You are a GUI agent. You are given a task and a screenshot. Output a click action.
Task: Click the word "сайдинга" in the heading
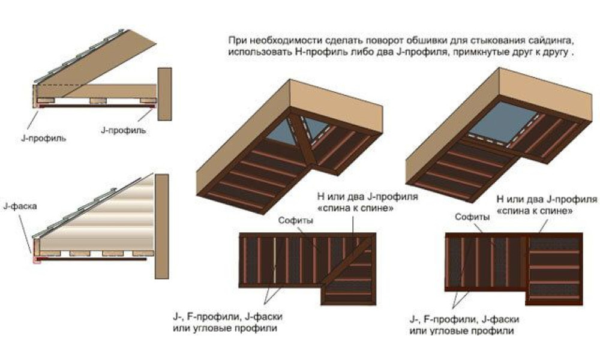pos(548,41)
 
